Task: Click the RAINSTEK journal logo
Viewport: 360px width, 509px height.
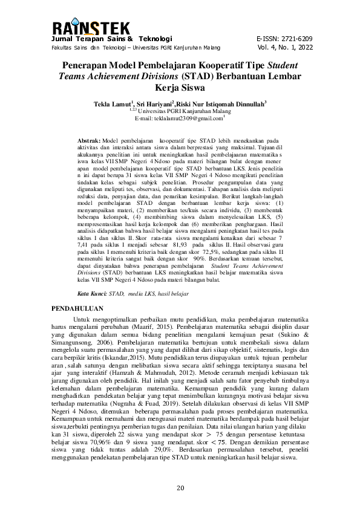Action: tap(91, 28)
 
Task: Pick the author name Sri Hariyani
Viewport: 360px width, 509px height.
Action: tap(155, 104)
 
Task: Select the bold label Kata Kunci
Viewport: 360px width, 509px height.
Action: tap(91, 293)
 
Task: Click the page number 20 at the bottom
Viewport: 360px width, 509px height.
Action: tap(180, 488)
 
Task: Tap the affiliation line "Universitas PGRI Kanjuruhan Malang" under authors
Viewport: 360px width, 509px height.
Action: tap(183, 111)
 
